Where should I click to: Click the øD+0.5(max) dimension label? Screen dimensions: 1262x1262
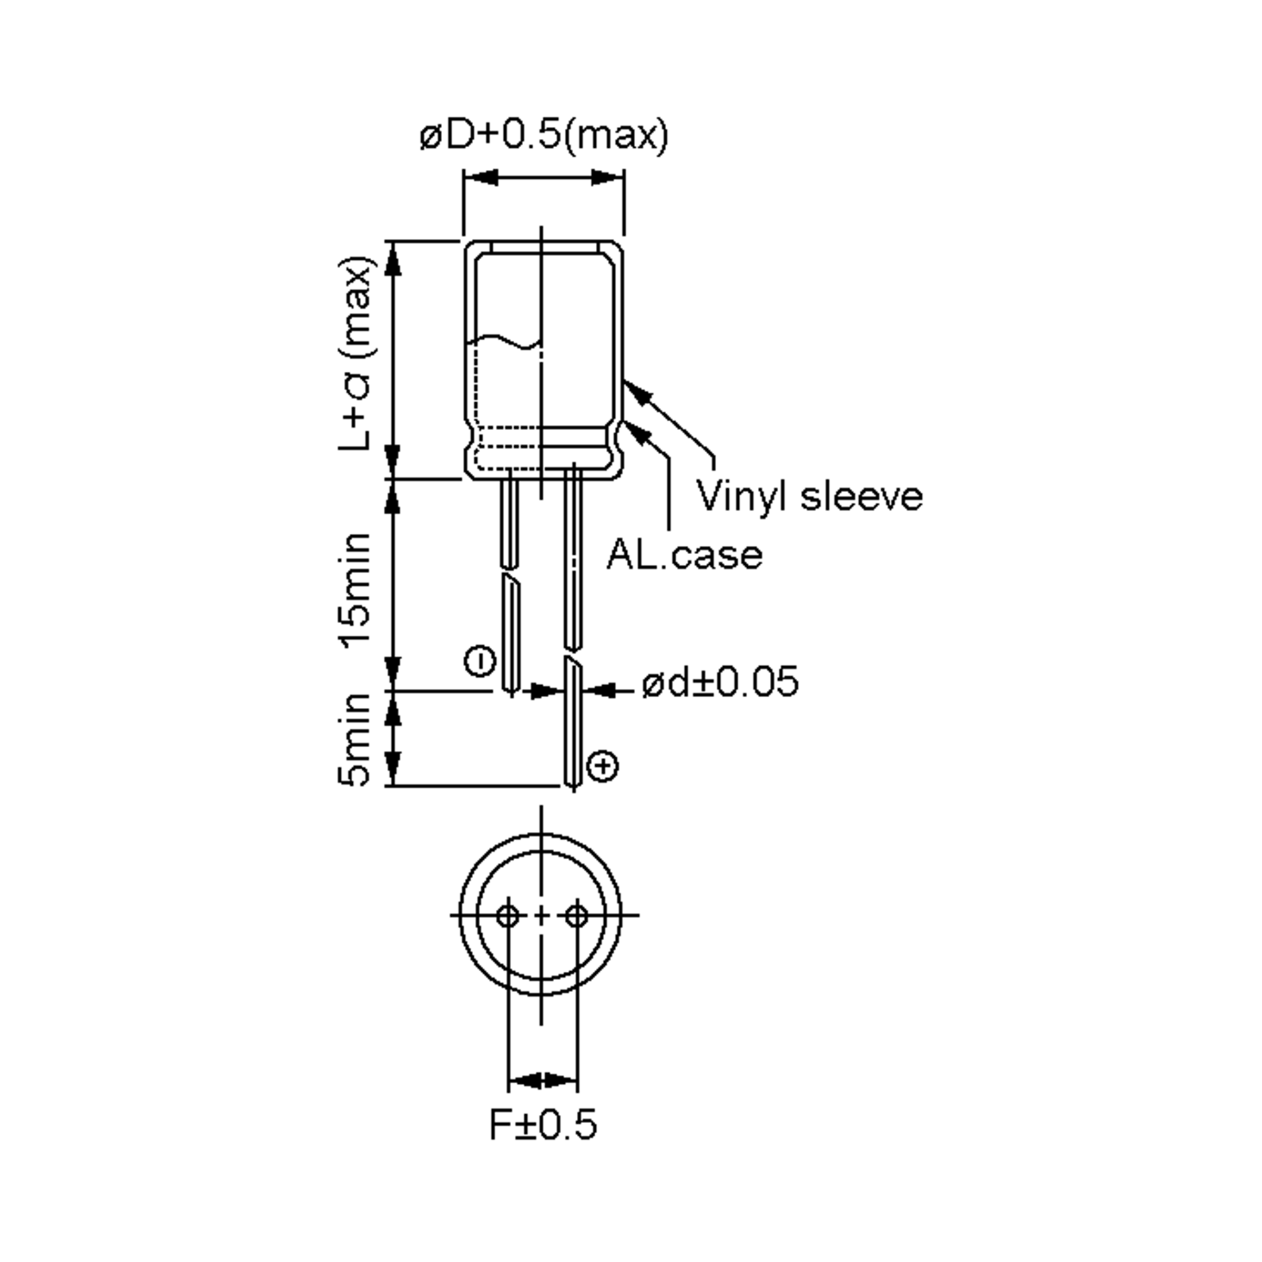point(544,135)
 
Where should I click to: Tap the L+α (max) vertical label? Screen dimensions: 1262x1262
point(356,353)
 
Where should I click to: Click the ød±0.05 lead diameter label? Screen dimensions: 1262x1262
point(720,682)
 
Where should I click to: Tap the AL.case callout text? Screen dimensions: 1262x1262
point(685,555)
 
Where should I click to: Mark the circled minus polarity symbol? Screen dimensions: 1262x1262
point(480,661)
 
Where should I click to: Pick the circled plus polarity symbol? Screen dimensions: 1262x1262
point(603,766)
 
